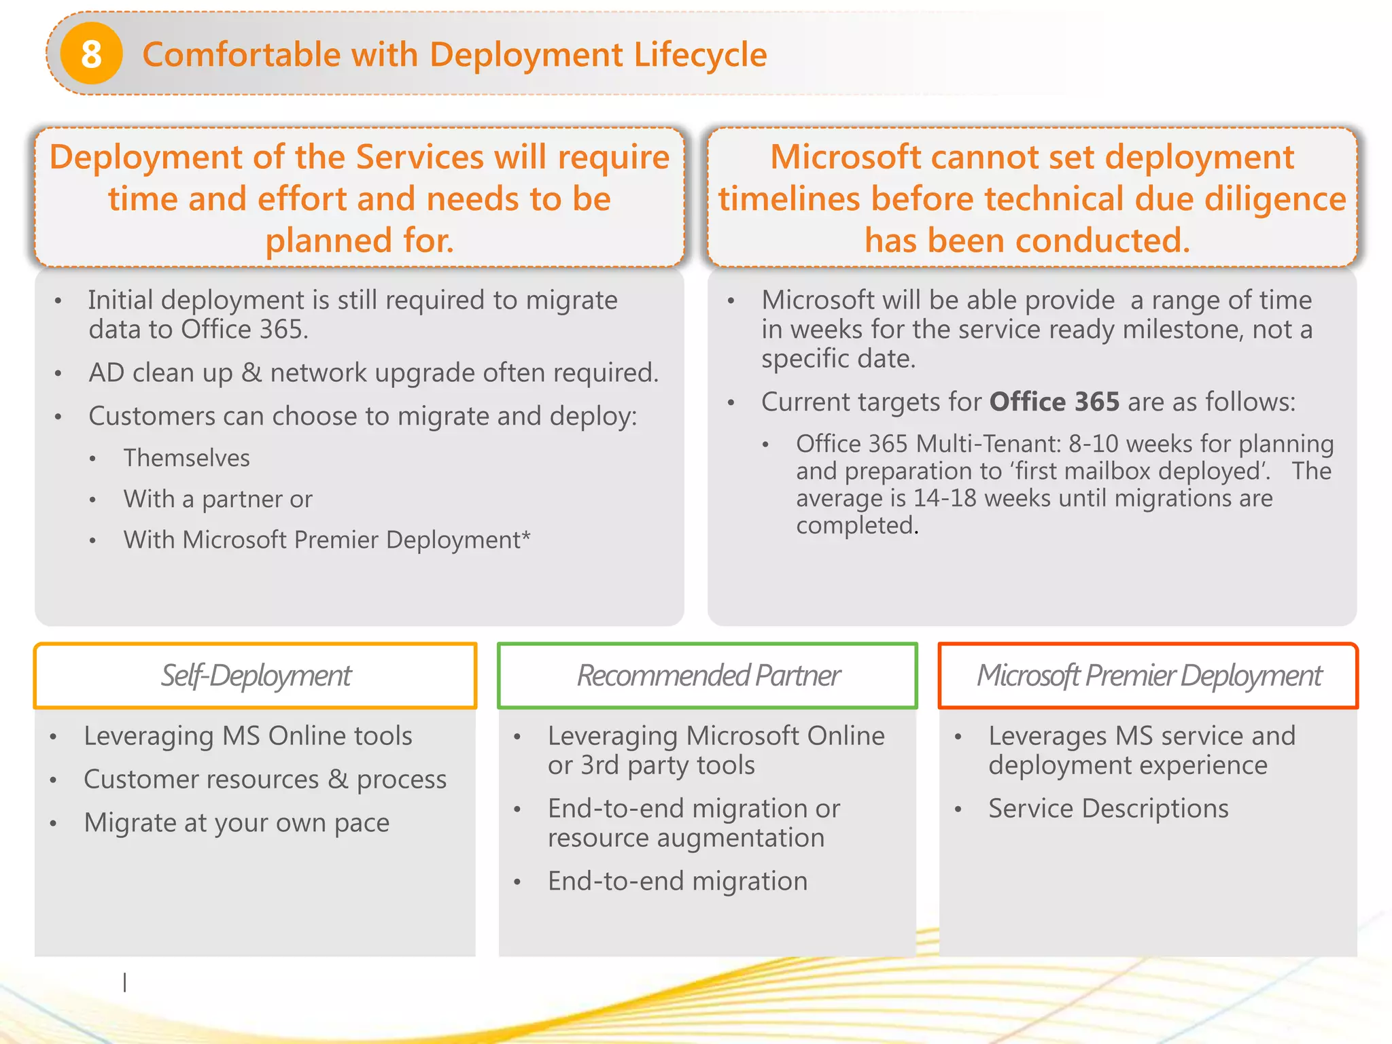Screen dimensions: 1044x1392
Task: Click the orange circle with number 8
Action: [x=91, y=54]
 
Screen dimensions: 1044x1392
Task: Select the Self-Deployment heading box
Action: [x=255, y=676]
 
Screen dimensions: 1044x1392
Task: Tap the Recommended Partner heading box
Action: [x=708, y=676]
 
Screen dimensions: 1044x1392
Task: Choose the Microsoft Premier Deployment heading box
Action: [x=1148, y=676]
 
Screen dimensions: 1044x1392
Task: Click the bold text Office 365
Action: [x=1054, y=402]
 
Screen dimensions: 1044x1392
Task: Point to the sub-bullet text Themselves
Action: [x=186, y=458]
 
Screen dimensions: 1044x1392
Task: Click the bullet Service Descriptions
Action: [x=1108, y=809]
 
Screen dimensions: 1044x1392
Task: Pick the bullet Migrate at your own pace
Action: [x=237, y=823]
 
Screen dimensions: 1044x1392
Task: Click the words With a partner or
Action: [x=217, y=500]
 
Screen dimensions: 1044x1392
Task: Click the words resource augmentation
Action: [x=686, y=838]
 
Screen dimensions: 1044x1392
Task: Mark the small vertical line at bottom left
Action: [x=124, y=981]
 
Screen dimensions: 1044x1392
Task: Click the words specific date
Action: [x=838, y=359]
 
